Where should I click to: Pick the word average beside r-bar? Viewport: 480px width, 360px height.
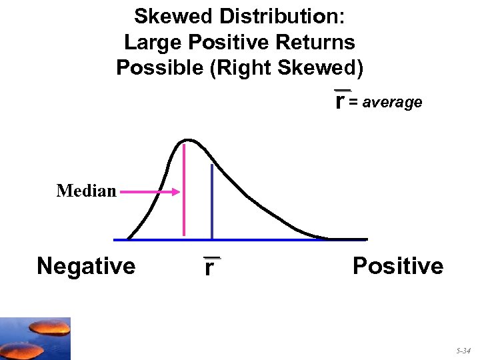393,103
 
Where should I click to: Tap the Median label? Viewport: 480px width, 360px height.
87,191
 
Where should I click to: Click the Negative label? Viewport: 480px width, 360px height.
86,266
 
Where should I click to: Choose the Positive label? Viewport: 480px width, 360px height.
397,266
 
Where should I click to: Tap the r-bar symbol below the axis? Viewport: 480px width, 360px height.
211,267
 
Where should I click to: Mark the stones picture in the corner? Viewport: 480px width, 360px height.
35,339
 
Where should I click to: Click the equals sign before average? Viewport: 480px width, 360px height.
354,103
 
